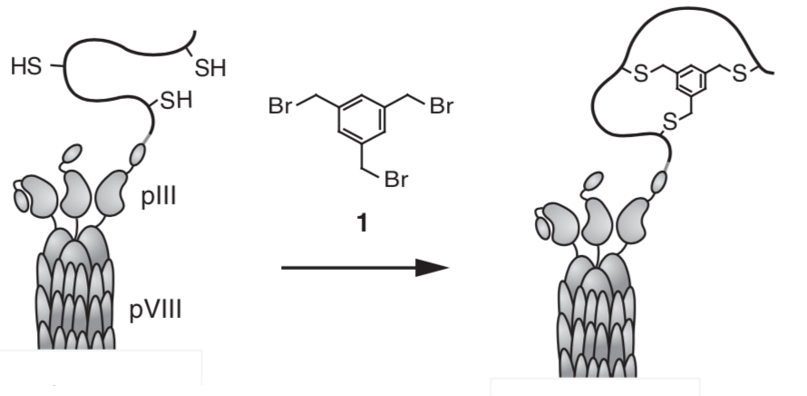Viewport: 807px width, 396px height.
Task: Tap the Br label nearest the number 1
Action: [x=396, y=181]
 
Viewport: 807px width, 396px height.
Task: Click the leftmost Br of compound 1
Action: [x=281, y=107]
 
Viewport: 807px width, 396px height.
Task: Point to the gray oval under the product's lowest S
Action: [x=659, y=185]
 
